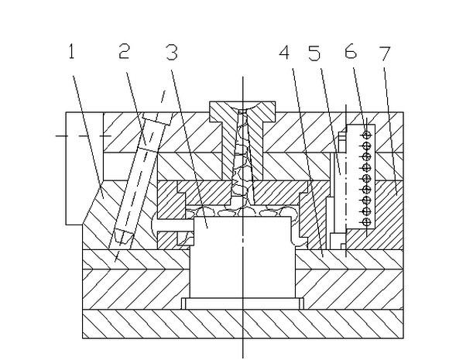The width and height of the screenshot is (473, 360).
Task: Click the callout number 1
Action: pyautogui.click(x=70, y=53)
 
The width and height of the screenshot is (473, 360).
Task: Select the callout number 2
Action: pyautogui.click(x=125, y=53)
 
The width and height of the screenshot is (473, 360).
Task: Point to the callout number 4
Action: pyautogui.click(x=286, y=53)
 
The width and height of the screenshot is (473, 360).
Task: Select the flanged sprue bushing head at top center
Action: pyautogui.click(x=243, y=108)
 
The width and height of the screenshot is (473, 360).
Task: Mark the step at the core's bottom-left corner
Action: pyautogui.click(x=187, y=300)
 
